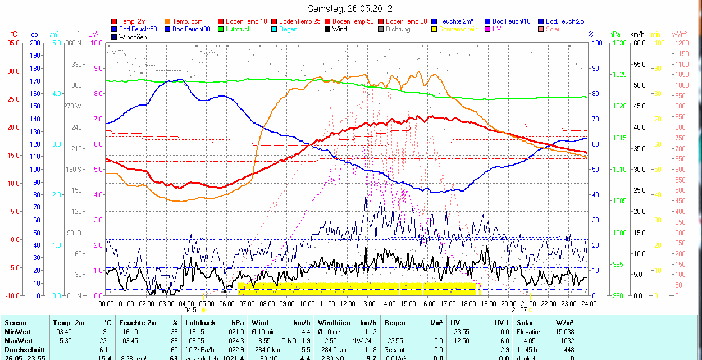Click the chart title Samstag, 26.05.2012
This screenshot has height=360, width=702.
pyautogui.click(x=350, y=8)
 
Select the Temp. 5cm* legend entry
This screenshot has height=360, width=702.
pyautogui.click(x=188, y=21)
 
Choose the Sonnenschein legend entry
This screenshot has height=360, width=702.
pyautogui.click(x=458, y=29)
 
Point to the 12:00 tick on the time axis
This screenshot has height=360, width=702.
pyautogui.click(x=347, y=303)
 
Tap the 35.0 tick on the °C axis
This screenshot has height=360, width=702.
pyautogui.click(x=11, y=43)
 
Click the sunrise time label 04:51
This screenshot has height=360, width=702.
pyautogui.click(x=192, y=309)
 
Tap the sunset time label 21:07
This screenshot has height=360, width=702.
pyautogui.click(x=519, y=309)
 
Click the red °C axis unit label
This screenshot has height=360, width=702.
pyautogui.click(x=14, y=34)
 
